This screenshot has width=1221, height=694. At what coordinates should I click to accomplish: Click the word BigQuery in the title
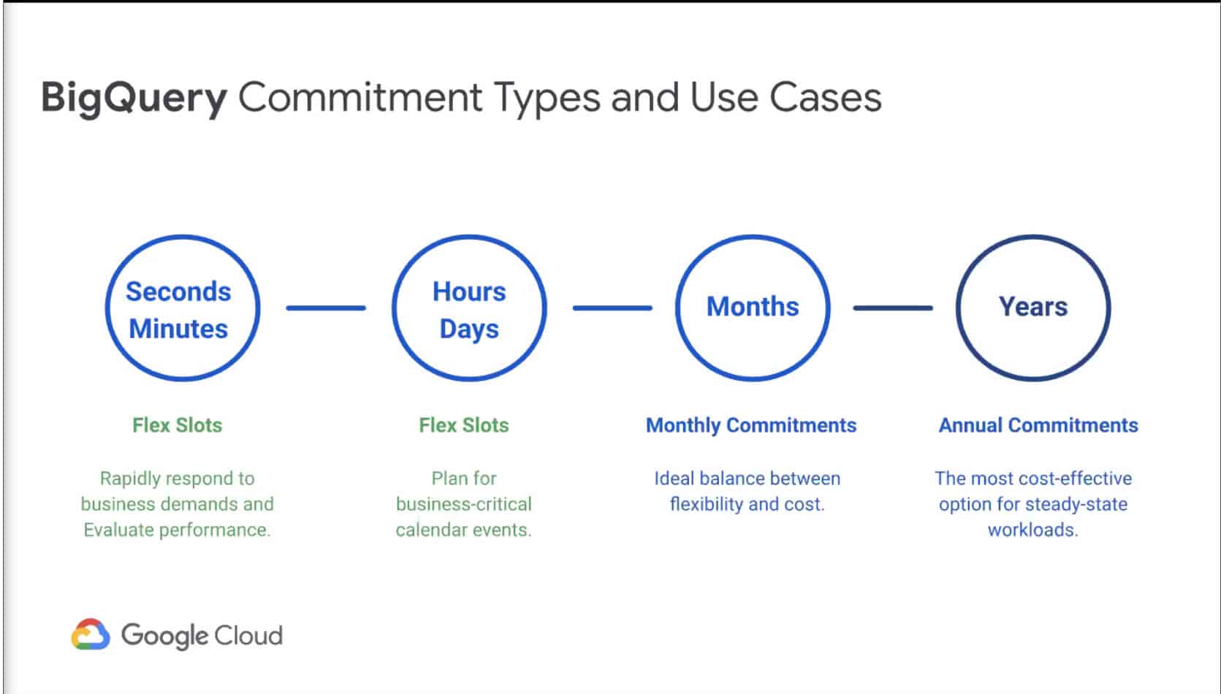(x=134, y=98)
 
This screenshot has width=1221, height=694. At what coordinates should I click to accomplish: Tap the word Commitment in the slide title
(x=360, y=98)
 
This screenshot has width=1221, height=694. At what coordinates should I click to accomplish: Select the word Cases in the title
(x=825, y=98)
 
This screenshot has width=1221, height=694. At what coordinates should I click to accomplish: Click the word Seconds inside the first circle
(x=178, y=291)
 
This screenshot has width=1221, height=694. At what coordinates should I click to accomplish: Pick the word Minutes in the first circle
(x=178, y=329)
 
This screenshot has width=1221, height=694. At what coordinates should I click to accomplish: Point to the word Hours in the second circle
(x=469, y=291)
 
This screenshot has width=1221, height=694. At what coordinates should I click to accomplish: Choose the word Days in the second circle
(x=469, y=329)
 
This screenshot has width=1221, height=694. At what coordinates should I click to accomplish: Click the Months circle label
(x=753, y=306)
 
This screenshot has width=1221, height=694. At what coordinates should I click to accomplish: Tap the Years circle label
(x=1033, y=306)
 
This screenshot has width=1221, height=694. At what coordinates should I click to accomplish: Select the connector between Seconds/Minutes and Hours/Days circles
(x=326, y=308)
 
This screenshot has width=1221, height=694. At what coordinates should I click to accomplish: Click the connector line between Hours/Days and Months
(x=612, y=308)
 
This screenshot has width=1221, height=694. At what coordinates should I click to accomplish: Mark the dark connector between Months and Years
(x=893, y=308)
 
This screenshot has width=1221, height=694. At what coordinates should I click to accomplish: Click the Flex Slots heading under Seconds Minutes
(x=177, y=425)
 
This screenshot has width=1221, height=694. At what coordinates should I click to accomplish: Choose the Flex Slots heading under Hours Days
(x=464, y=425)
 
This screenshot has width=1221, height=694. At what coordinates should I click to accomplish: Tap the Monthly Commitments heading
(x=751, y=426)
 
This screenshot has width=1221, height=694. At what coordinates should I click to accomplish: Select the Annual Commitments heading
(x=1038, y=425)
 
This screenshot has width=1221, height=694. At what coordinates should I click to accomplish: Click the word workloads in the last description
(x=1033, y=530)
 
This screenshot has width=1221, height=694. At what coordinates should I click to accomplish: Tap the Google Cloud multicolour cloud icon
(x=91, y=634)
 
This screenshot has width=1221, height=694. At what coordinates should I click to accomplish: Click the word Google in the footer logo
(x=164, y=636)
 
